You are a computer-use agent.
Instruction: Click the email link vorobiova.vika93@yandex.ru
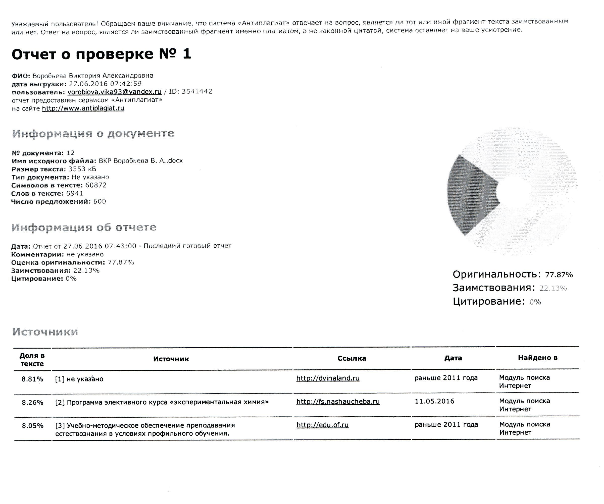coord(115,92)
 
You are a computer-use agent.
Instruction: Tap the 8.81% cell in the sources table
coord(32,379)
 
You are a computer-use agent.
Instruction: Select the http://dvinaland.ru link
coord(328,378)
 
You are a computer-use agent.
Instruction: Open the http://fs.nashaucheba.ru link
coord(338,401)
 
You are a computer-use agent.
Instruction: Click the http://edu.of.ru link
coord(322,425)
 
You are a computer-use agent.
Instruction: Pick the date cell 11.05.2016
coord(434,401)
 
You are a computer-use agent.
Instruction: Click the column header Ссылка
coord(351,358)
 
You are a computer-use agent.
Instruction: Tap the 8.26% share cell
coord(32,403)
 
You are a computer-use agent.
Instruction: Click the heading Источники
coord(45,332)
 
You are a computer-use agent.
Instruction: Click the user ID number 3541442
coord(197,91)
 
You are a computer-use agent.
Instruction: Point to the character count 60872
coord(96,185)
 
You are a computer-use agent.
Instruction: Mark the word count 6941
coord(74,193)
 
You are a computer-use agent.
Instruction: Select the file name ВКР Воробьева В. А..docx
coord(141,161)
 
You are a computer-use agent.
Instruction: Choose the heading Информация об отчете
coord(84,228)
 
